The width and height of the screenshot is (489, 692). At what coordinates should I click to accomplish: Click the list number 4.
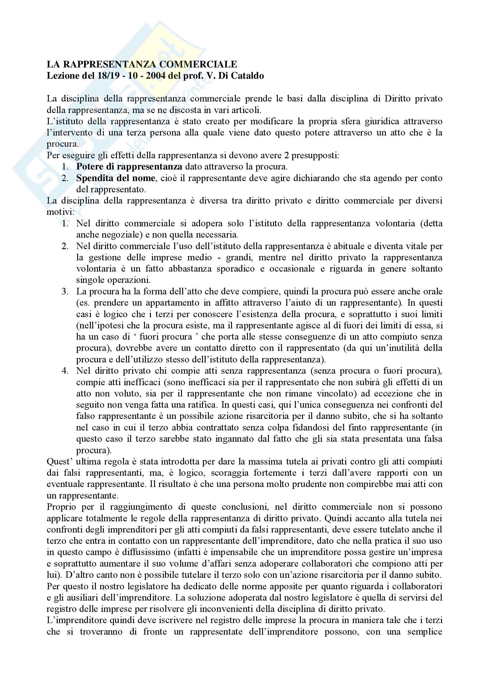65,371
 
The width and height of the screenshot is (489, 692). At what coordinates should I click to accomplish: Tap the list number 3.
65,291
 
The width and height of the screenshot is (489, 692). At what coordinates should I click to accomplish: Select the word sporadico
235,269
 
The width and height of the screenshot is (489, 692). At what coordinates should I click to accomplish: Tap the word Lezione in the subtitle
62,76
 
